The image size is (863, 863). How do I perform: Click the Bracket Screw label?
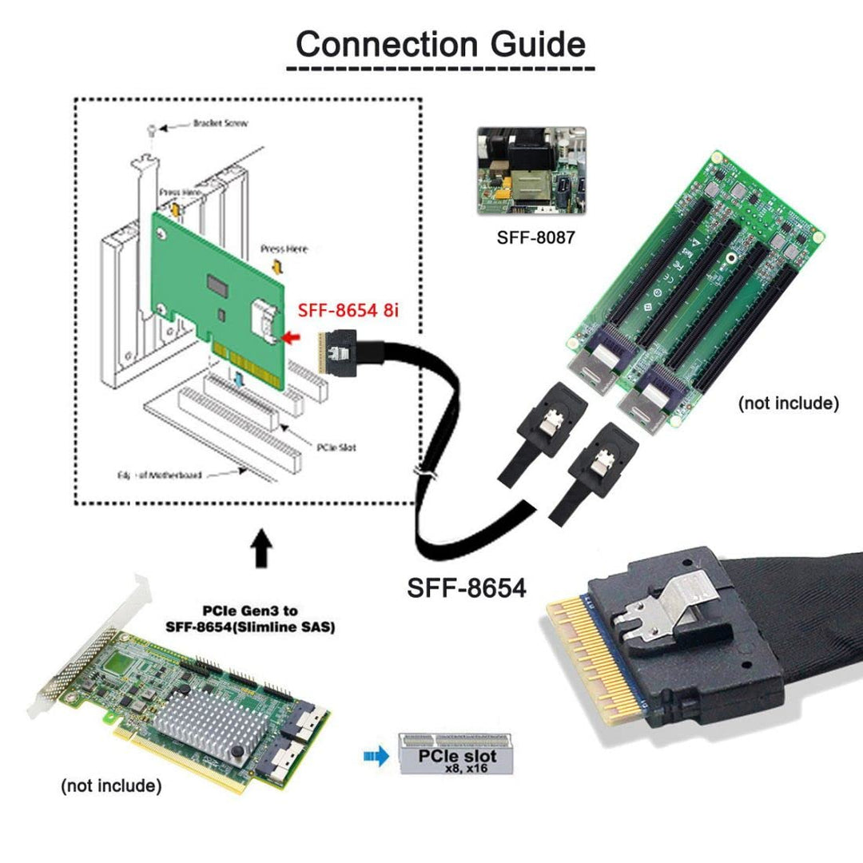(x=220, y=124)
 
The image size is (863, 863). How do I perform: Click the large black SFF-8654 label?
(x=467, y=588)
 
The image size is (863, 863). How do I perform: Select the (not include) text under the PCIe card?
(x=111, y=785)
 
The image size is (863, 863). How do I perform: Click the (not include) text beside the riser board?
(x=788, y=403)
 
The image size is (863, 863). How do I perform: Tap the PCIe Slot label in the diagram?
(x=336, y=447)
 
